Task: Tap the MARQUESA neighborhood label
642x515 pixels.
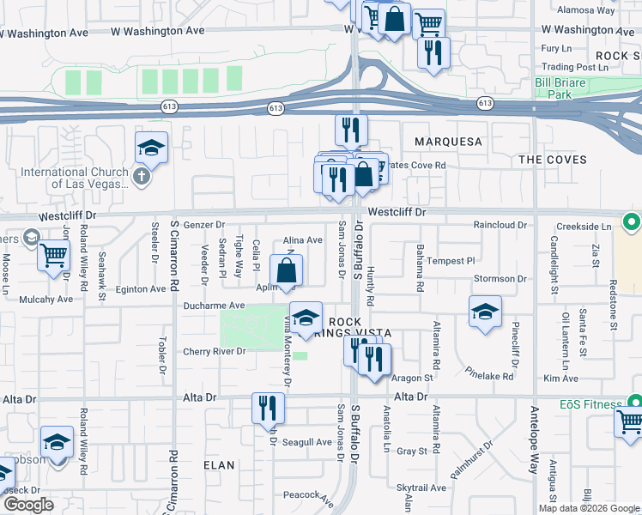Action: pos(448,141)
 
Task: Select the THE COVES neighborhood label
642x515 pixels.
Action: pos(553,160)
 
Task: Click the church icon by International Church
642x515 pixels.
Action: pos(142,177)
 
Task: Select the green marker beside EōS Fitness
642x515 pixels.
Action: pos(633,402)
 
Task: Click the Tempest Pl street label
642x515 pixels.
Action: pos(451,261)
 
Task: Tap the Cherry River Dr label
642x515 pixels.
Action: pos(215,351)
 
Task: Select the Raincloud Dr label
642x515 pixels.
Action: pos(499,224)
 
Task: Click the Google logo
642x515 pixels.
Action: pos(27,505)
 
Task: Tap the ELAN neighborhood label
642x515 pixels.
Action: pos(219,464)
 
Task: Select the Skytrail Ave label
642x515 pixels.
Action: pos(421,488)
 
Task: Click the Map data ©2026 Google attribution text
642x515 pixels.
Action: pos(588,508)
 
